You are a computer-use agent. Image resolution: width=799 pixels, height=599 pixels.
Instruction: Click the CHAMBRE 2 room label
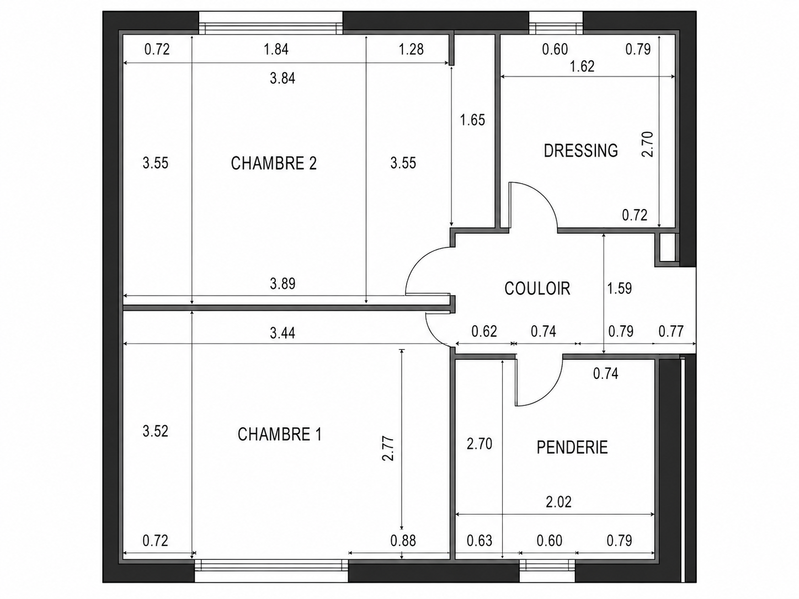(274, 163)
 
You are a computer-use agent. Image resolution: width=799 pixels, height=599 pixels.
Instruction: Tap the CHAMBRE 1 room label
(280, 434)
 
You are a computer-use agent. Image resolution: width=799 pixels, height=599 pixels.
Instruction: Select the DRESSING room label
(580, 151)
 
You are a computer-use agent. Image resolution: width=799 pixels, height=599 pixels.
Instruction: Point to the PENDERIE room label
(572, 447)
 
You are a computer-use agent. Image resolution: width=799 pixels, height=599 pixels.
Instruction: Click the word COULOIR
(537, 288)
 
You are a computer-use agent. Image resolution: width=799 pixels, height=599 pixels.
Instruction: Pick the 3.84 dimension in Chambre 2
(283, 78)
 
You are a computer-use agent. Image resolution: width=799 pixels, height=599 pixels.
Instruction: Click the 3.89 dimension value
(283, 284)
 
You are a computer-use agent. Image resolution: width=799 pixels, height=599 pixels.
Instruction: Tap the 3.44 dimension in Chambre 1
(283, 333)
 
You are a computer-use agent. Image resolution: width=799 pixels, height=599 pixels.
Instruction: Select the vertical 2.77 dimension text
(388, 449)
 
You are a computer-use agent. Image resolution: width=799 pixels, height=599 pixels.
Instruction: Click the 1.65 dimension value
(472, 120)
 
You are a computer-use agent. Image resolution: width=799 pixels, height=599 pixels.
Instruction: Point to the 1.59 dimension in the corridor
(619, 288)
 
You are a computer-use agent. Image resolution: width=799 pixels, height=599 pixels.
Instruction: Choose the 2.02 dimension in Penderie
(559, 502)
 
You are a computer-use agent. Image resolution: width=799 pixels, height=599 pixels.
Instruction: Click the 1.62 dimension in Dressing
(582, 66)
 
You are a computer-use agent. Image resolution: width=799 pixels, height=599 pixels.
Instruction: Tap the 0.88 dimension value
(403, 541)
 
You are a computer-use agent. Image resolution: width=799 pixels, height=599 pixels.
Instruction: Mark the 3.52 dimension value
(156, 431)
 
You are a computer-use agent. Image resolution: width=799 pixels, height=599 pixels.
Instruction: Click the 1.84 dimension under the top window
(276, 49)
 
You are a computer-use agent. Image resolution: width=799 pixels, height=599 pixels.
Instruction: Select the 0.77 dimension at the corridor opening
(671, 331)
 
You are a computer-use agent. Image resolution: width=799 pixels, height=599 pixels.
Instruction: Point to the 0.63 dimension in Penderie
(480, 541)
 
